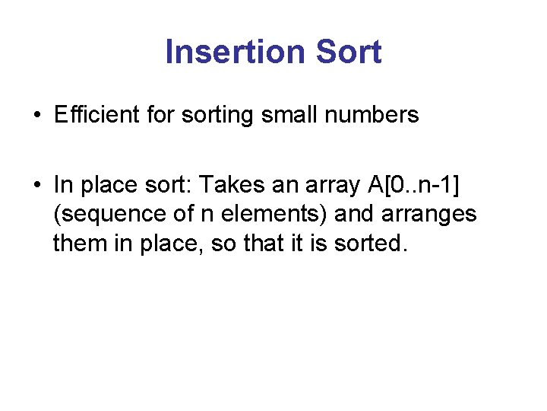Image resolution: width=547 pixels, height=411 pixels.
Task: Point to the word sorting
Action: tap(223, 115)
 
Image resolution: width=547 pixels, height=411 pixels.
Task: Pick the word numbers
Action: tap(378, 115)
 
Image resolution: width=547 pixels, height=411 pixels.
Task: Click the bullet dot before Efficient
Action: tap(36, 116)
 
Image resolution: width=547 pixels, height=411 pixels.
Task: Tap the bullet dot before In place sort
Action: tap(36, 184)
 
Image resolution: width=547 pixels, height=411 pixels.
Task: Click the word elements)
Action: tap(278, 214)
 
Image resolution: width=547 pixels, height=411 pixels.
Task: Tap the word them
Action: tap(78, 244)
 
